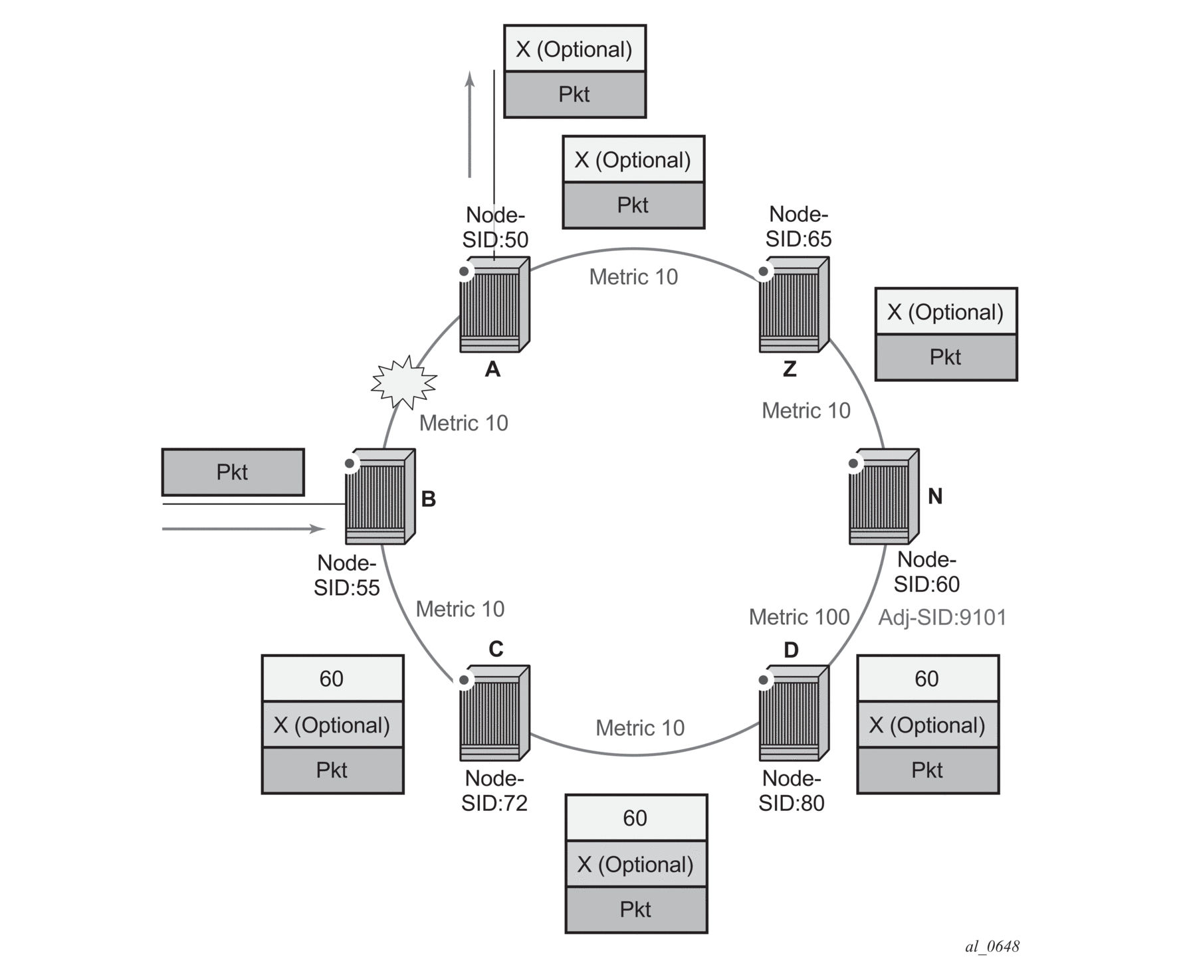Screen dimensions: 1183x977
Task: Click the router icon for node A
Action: [x=494, y=305]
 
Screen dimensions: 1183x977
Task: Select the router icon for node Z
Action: [x=794, y=305]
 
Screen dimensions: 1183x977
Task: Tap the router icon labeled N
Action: [x=884, y=497]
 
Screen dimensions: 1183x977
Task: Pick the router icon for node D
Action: [x=794, y=713]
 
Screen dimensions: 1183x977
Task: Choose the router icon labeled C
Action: [x=494, y=713]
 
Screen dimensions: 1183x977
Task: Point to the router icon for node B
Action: [x=380, y=497]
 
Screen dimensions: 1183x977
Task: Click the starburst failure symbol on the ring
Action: [x=403, y=383]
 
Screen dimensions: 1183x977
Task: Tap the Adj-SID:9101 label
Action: [x=942, y=618]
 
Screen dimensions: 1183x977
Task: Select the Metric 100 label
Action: [x=799, y=617]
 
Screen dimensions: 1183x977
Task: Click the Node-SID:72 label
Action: [x=494, y=790]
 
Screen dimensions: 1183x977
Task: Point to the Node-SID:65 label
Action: [x=798, y=226]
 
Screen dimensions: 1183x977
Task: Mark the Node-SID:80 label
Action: [x=792, y=790]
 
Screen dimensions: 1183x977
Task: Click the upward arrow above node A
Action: [x=470, y=124]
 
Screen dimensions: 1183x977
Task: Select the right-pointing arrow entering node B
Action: [x=244, y=529]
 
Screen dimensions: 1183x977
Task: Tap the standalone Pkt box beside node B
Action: [x=233, y=472]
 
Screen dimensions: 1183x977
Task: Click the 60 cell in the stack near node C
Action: [x=332, y=678]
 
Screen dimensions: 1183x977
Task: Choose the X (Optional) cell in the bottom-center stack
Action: [x=636, y=864]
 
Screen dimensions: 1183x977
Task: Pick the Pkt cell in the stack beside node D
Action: [x=928, y=770]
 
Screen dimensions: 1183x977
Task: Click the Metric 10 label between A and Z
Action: [x=633, y=277]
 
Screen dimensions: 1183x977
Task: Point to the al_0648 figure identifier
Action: [x=992, y=946]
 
